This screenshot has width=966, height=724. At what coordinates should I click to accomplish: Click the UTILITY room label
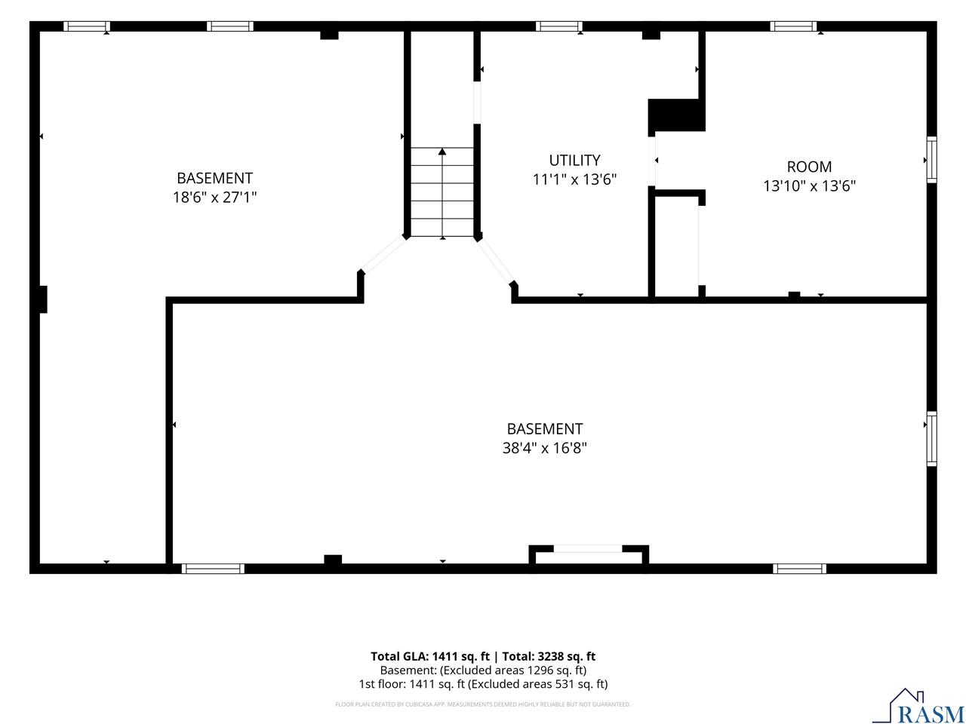coord(574,160)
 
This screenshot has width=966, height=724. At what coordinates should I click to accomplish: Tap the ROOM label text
coord(809,167)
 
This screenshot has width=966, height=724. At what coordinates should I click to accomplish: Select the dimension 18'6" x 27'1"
coord(214,198)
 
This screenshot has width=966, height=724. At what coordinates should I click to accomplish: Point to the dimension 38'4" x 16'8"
coord(544,448)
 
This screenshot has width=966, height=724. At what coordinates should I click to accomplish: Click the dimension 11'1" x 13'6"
coord(574,179)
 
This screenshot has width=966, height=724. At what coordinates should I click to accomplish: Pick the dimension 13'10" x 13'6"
coord(809,186)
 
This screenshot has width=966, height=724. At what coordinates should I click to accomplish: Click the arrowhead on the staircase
coord(441,152)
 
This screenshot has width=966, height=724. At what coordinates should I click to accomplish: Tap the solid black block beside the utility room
coord(677,115)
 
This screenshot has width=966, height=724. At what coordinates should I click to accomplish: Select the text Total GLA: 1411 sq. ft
coord(429,656)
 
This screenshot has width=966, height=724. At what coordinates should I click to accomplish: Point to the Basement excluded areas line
coord(483,670)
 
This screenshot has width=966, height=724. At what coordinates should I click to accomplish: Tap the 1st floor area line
coord(483,684)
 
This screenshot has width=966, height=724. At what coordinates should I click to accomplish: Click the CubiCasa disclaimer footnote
coord(483,704)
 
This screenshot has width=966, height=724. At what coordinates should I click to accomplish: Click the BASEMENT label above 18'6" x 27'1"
coord(214,178)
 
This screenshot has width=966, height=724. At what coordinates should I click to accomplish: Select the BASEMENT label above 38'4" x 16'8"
coord(544,428)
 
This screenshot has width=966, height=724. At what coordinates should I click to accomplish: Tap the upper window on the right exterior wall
coord(931,160)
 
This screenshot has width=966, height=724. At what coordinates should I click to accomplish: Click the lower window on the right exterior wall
coord(931,439)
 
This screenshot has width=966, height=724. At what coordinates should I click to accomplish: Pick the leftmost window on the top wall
coord(87,26)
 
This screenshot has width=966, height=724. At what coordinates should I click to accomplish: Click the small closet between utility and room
coord(676,246)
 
